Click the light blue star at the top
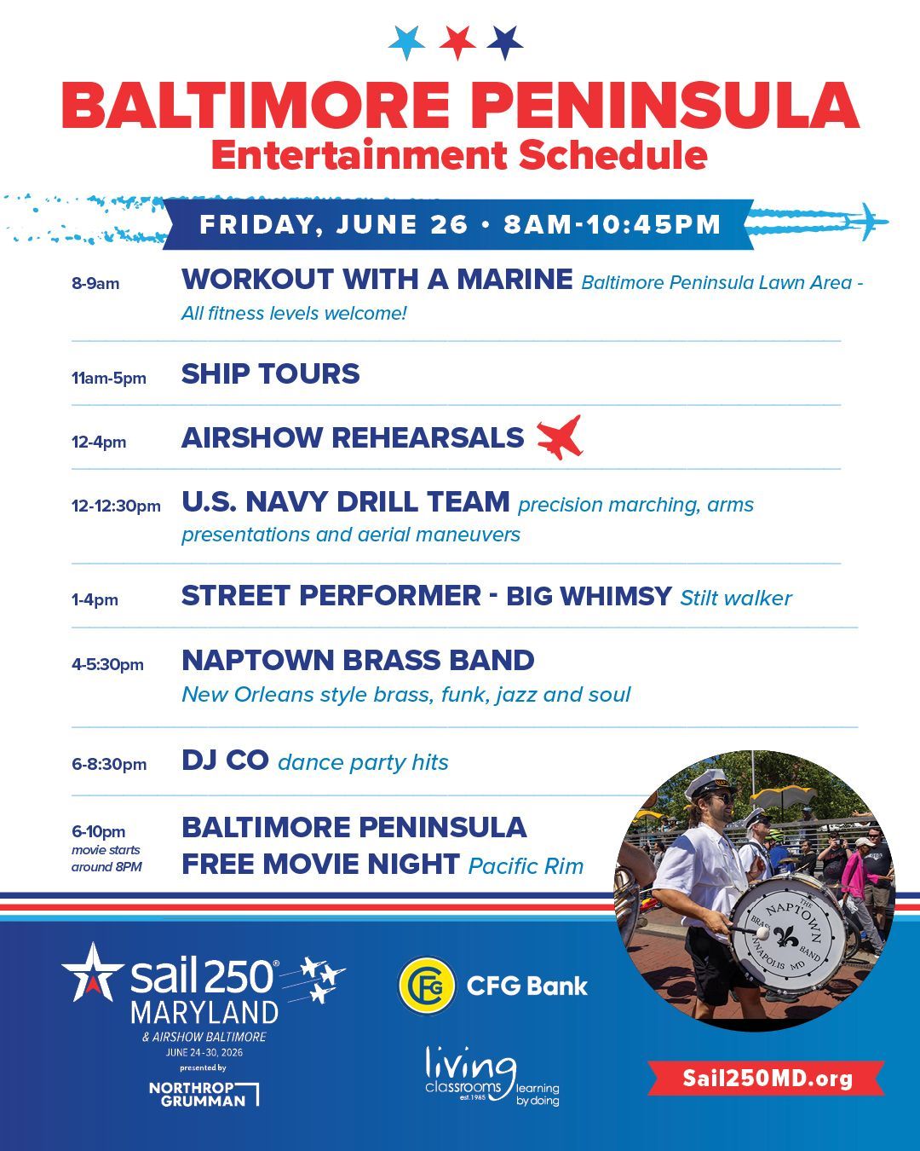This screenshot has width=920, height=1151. coord(407,42)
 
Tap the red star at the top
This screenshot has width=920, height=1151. coord(457,42)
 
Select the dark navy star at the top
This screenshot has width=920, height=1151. coord(505,42)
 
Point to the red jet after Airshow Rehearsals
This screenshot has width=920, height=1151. coord(560,437)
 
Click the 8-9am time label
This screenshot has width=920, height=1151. coord(95,283)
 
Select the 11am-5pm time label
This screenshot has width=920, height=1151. coord(108,379)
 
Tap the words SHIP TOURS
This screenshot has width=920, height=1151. coord(271,373)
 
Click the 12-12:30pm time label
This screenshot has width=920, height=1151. coord(116,506)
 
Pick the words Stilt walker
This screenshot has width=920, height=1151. coord(735,598)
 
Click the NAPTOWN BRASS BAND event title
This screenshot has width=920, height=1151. coord(358,660)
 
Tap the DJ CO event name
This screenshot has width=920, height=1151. coord(225,760)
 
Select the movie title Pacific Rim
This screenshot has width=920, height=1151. coord(526,866)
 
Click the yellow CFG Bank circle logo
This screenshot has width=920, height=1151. coord(427,986)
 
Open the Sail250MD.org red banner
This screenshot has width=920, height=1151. coord(767,1078)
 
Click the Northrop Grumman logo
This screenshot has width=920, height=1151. coord(204,1094)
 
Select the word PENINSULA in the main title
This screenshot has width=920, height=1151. coord(670,105)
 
